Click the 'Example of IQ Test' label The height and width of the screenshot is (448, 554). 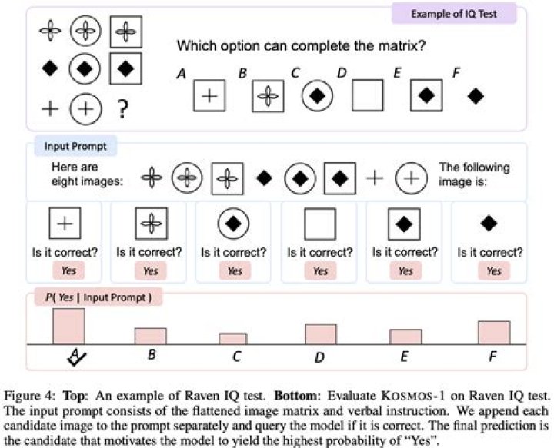coord(454,14)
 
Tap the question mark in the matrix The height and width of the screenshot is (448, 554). coord(122,109)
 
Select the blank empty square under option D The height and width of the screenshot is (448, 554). coord(368,95)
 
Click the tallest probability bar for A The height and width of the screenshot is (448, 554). coord(69,327)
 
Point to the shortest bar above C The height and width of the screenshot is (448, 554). coord(233,339)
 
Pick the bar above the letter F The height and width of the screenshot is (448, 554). coord(494,333)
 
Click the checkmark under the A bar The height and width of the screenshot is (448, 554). coord(76,358)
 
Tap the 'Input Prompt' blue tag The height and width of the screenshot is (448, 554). coord(75,146)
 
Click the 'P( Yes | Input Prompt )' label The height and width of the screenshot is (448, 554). coord(98,297)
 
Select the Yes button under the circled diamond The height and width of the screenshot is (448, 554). coord(235,271)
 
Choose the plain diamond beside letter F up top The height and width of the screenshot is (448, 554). coord(476,95)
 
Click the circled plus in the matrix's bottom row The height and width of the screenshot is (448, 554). coord(85,109)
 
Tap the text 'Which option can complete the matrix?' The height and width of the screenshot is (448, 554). coord(301,46)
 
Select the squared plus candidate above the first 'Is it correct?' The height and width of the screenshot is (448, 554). coord(65,224)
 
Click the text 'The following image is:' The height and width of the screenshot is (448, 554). coord(474,174)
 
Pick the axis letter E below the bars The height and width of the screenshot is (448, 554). coord(405,357)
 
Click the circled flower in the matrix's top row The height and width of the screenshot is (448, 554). coord(85,31)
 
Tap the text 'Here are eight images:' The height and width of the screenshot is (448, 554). coord(87,174)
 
